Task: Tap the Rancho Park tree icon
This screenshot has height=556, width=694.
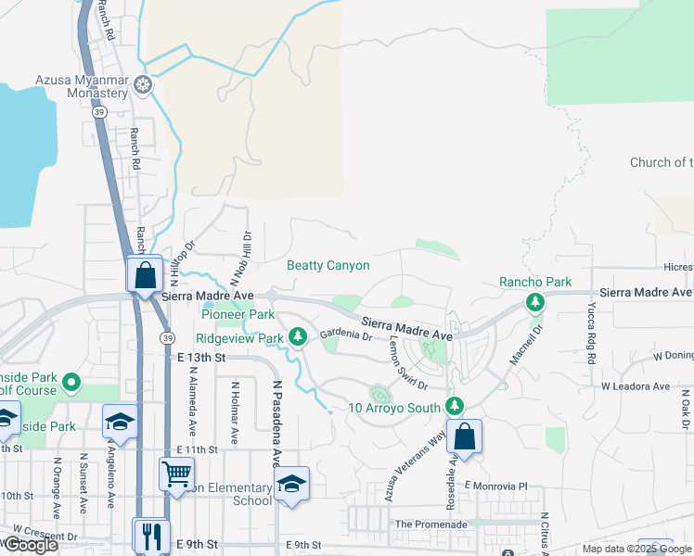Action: coord(534,301)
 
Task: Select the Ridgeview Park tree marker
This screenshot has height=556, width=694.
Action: coord(298,337)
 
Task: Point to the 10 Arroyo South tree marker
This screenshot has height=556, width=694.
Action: coord(454,406)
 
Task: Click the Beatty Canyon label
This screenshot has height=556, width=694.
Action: coord(328,266)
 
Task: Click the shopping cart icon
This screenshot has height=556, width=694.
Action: coord(176,474)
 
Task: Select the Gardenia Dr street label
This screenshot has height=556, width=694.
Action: coord(346,335)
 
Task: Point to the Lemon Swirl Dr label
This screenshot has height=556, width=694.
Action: coord(407,365)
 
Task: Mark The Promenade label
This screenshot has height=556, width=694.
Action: coord(431,524)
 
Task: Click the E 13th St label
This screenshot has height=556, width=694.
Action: coord(201,357)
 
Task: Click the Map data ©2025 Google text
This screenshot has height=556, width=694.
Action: coord(636,549)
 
